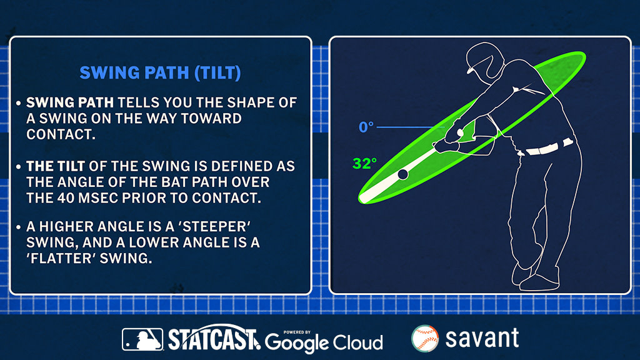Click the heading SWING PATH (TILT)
tap(160, 73)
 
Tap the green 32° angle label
tap(364, 163)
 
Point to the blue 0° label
tap(366, 127)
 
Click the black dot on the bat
tap(403, 174)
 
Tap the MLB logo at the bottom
tap(142, 339)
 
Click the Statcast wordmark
tap(214, 338)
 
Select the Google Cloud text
tap(324, 342)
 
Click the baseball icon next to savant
tap(425, 338)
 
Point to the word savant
tap(482, 338)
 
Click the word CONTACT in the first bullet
tap(61, 134)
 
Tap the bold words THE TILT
tap(56, 166)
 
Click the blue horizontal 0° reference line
tap(410, 127)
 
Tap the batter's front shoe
tap(539, 282)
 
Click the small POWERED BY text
tap(297, 332)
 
